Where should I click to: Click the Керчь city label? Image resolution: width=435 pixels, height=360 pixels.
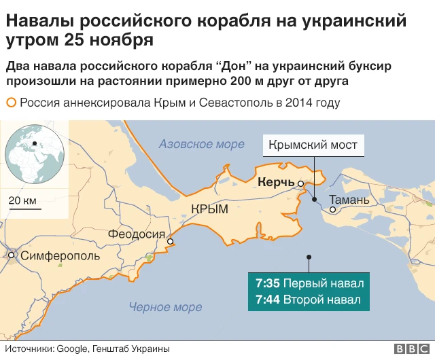[276, 182]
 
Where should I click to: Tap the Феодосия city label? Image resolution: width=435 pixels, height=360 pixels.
[136, 236]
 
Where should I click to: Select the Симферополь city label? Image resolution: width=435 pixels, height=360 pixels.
[60, 256]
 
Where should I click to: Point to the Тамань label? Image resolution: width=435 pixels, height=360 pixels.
[349, 200]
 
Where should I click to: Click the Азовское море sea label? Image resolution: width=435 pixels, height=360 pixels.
[201, 144]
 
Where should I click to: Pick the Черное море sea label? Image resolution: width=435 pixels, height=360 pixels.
[165, 307]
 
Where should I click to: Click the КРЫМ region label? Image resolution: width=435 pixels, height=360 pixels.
[209, 211]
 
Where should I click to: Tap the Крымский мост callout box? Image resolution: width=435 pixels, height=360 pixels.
[313, 145]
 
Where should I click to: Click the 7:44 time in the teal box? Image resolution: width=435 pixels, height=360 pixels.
[268, 300]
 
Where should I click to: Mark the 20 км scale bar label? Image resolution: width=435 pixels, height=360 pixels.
[23, 201]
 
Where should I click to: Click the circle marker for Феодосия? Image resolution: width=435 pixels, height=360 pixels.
[171, 241]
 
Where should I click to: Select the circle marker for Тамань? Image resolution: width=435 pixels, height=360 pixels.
[332, 210]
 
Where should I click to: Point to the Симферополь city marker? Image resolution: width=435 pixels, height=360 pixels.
[12, 256]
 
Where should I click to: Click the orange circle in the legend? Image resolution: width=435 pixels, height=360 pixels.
[11, 103]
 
